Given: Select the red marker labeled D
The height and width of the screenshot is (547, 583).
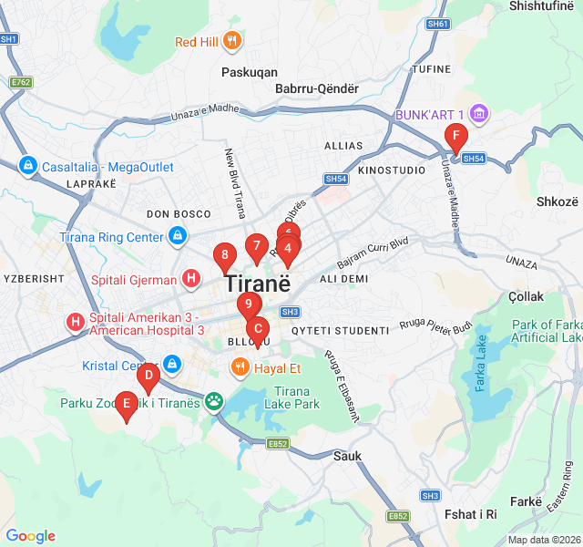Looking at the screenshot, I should coord(148,375).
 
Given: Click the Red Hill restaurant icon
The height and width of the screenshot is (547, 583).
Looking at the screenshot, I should coord(232,41).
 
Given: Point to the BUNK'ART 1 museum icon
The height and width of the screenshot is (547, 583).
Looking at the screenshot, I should coord(479,115).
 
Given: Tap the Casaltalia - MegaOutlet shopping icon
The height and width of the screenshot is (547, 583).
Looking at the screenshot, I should coord(28,167).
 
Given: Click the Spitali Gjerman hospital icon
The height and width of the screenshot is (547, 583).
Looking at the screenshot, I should coord(191,278).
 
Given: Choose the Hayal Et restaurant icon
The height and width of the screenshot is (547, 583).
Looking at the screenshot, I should coord(240,368).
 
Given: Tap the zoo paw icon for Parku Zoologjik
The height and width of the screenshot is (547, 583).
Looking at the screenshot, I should coord(214,401).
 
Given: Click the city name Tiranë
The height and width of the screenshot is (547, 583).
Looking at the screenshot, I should coord(258,283).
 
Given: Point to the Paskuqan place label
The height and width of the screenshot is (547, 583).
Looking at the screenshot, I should coord(250,71).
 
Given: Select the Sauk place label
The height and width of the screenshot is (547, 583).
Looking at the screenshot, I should coord(347,456).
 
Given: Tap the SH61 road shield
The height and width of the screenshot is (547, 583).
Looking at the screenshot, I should coord(437,24).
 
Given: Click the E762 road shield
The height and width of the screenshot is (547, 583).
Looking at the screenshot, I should coord(21,82).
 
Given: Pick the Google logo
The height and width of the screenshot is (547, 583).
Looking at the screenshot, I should coord(31,536).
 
